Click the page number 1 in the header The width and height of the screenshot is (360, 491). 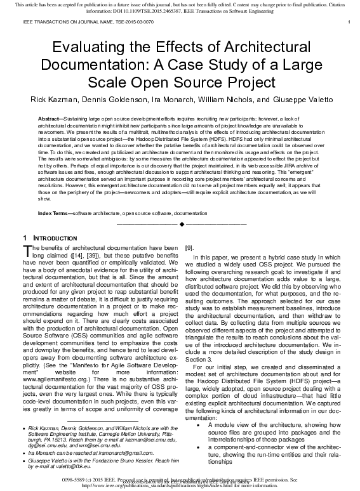click(350, 22)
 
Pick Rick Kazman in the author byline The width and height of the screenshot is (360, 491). click(51, 100)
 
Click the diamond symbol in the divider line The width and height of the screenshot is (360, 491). click(181, 224)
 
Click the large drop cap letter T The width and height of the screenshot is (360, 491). click(27, 251)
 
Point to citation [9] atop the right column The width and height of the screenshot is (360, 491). click(189, 248)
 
